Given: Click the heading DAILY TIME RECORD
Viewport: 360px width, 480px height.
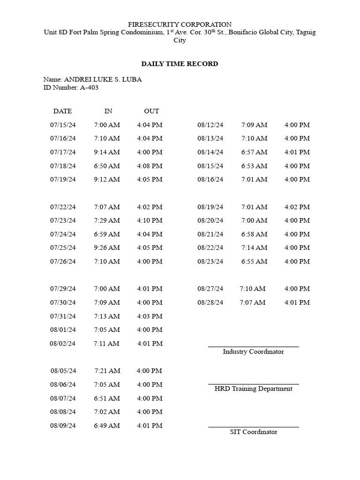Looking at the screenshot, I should [x=180, y=64].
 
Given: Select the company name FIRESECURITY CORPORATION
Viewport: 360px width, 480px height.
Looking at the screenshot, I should [x=180, y=24].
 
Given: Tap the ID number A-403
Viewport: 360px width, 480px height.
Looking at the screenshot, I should [x=89, y=87].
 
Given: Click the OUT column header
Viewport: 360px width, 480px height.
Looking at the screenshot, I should [x=151, y=111].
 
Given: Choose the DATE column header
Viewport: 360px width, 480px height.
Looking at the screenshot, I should [x=62, y=111].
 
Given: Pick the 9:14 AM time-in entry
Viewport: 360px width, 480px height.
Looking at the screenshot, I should [x=107, y=152].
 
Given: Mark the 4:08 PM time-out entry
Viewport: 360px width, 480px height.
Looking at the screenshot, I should [x=150, y=166].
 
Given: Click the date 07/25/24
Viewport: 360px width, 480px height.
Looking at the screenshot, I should [x=63, y=247].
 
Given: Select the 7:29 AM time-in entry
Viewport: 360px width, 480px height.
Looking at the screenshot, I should [x=107, y=220].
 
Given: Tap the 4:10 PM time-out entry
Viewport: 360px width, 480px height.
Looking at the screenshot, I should [x=150, y=220].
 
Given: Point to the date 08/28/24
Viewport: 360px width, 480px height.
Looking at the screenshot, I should [x=210, y=302].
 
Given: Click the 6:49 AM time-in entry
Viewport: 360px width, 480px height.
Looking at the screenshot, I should [x=107, y=426].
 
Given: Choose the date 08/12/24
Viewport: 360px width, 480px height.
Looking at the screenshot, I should [x=210, y=125].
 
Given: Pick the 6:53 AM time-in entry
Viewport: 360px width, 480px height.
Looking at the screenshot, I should [x=255, y=166].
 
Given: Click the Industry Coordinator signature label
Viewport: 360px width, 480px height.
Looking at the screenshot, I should [x=253, y=352].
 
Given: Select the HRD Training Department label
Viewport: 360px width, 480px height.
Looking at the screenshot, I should [x=253, y=389].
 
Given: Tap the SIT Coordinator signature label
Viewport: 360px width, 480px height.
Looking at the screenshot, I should [x=253, y=432].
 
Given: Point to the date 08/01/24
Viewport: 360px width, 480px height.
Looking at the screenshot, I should [x=63, y=330].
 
